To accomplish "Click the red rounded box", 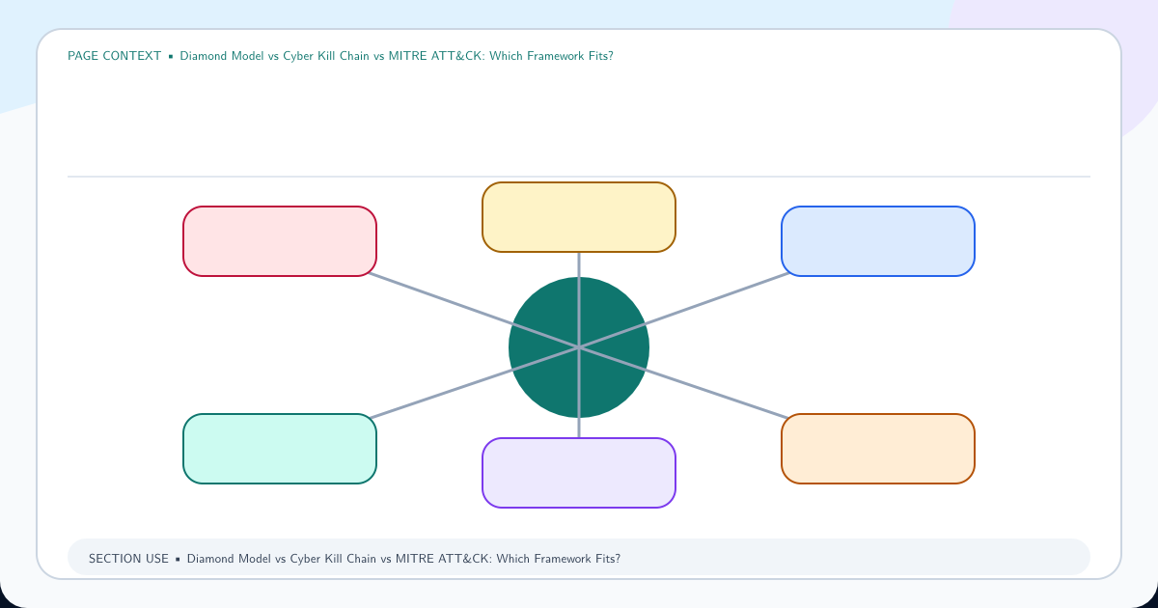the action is click(280, 241).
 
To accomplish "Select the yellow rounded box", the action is click(579, 217).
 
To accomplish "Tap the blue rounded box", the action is click(878, 241).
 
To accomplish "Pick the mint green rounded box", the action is click(280, 449).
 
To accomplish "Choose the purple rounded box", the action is click(579, 473).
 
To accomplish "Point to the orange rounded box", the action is click(878, 449).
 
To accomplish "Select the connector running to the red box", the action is click(474, 311).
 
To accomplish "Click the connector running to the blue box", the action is click(684, 311).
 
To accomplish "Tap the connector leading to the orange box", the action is click(684, 382).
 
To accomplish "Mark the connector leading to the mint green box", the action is click(474, 382).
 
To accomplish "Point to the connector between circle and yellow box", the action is click(579, 300).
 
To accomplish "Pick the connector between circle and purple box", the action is click(579, 393).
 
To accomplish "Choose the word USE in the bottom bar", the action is click(156, 559).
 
